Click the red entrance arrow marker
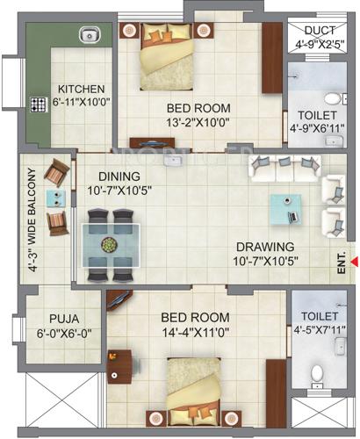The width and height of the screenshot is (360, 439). click(354, 260)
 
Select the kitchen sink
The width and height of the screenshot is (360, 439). click(88, 36)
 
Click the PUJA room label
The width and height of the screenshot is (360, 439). click(60, 320)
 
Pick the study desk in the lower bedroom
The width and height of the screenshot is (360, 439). click(122, 364)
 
